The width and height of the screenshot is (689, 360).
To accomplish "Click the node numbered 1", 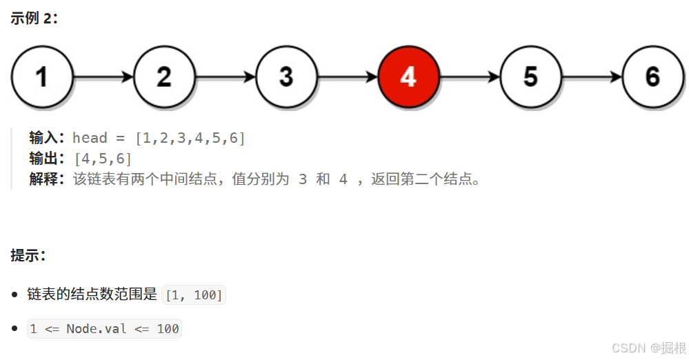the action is click(42, 77).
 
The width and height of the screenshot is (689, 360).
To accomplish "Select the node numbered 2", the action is click(164, 77).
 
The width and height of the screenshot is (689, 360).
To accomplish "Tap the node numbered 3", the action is click(286, 77).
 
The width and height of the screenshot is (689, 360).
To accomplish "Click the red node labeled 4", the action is click(408, 77).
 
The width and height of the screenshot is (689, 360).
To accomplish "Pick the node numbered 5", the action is click(530, 77).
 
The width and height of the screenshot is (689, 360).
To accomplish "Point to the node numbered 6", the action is click(652, 77).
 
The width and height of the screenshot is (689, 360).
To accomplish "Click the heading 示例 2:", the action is click(34, 19).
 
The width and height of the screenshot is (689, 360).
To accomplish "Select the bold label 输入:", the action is click(48, 138).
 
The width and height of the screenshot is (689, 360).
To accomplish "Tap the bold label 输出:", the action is click(48, 159).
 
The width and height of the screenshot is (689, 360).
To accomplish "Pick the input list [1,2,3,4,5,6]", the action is click(190, 138).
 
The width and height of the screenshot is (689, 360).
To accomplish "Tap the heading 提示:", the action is click(28, 255).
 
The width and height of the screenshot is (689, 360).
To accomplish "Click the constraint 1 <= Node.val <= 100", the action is click(103, 329).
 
